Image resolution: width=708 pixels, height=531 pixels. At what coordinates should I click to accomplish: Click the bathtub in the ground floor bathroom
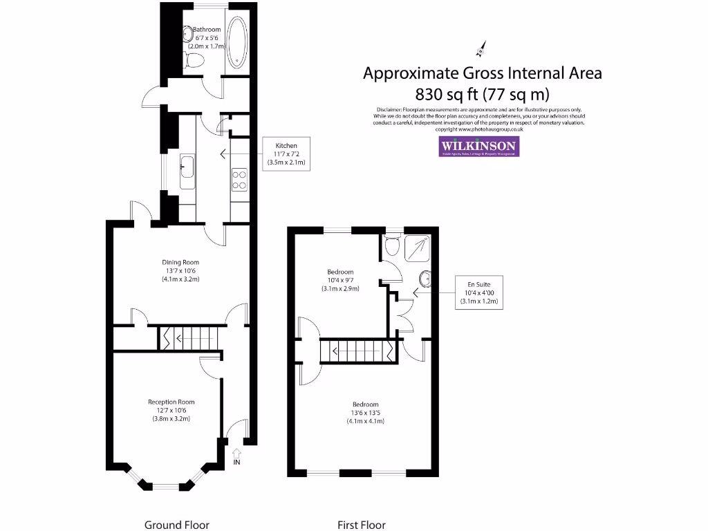(x=236, y=43)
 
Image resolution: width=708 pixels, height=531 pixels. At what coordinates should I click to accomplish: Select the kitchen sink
(x=187, y=171)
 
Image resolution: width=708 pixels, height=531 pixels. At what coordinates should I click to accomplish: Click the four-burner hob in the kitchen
(x=239, y=180)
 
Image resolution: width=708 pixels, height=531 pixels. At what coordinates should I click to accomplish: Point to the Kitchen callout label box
(x=286, y=154)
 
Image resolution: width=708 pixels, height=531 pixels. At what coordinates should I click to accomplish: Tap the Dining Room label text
(x=180, y=270)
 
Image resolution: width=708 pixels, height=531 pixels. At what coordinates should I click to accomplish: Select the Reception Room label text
(x=171, y=410)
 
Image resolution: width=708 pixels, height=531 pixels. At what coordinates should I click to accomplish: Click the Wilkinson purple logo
(x=479, y=147)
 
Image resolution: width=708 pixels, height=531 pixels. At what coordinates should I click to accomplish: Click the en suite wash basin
(x=426, y=279)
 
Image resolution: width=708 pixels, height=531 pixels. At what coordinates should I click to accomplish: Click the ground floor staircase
(x=188, y=338)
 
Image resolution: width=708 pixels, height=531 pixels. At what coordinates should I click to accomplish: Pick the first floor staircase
(x=357, y=351)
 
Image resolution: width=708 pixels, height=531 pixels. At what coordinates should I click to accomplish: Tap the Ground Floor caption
(x=176, y=525)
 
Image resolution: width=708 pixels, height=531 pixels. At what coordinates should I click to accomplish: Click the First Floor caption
(x=361, y=525)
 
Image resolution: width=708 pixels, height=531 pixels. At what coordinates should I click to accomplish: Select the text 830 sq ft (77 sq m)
(x=482, y=93)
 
